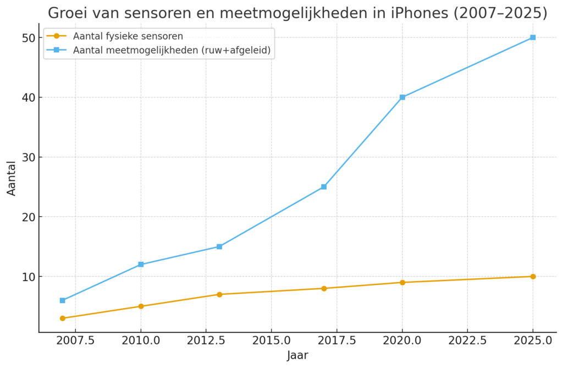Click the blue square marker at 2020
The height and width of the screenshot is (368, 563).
402,97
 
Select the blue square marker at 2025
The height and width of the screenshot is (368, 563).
533,37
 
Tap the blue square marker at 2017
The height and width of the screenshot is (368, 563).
324,187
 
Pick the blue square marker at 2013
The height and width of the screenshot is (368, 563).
219,246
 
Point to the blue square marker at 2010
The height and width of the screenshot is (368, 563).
141,265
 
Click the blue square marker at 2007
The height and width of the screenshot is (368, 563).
63,300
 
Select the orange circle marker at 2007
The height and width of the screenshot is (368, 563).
63,318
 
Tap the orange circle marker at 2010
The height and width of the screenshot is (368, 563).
141,306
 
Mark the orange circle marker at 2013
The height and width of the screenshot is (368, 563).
219,294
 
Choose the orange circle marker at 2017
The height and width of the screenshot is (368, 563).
324,288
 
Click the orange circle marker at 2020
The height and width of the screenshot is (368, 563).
402,282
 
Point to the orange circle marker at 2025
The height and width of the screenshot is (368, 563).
533,276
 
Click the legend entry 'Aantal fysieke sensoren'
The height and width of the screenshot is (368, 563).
128,36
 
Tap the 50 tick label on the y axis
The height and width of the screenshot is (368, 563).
29,38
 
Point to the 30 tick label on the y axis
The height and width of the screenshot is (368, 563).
29,157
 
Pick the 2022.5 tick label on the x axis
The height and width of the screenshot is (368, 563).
467,340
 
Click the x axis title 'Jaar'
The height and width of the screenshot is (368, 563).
297,356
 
